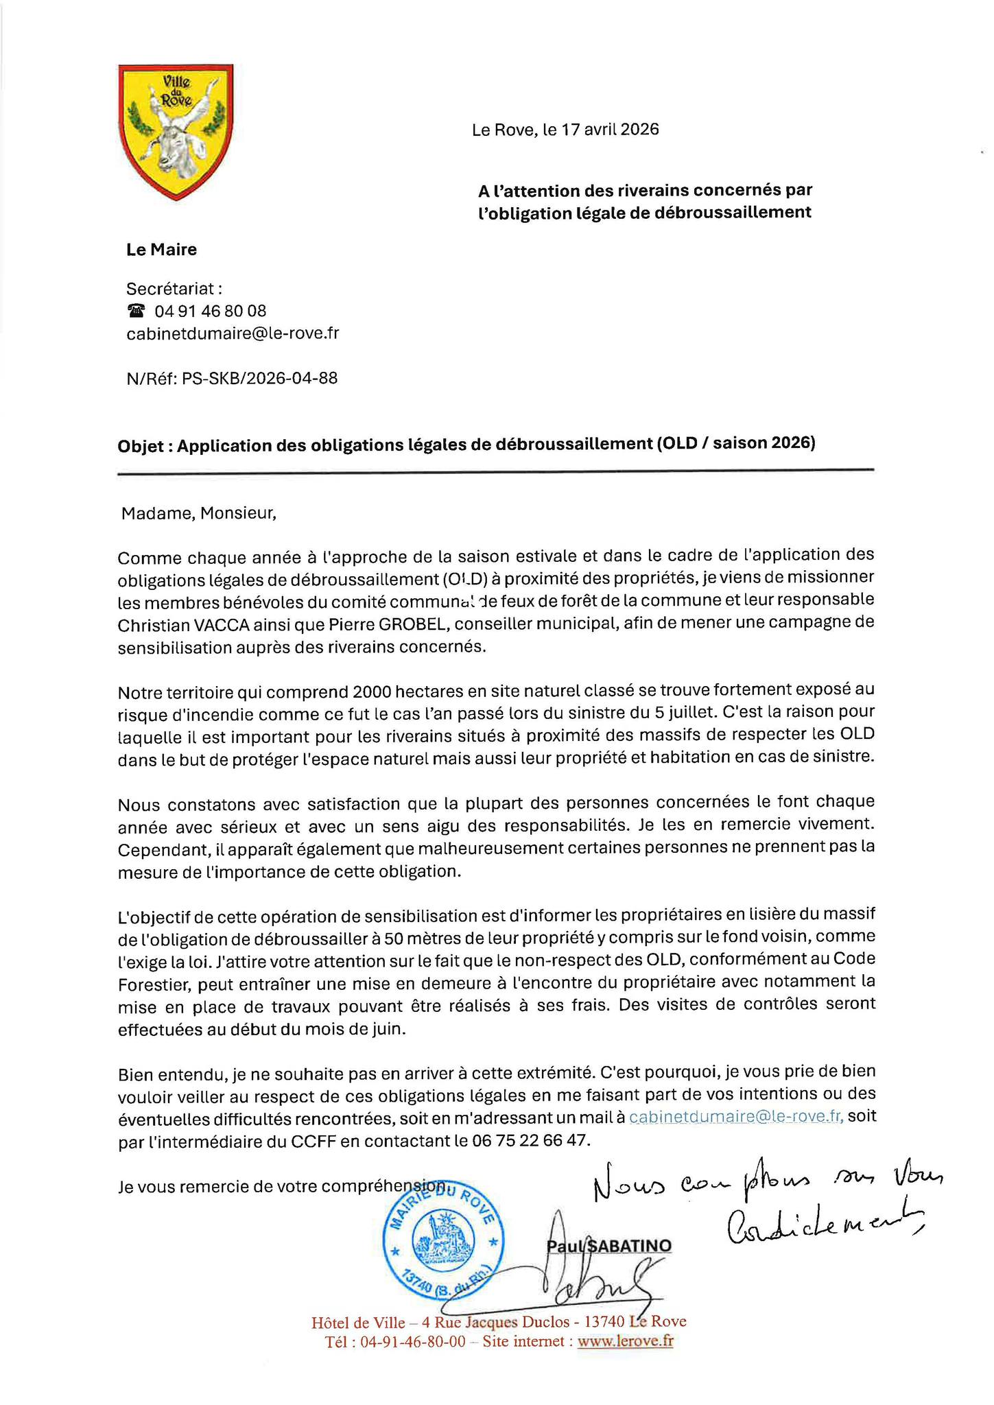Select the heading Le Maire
[x=161, y=250]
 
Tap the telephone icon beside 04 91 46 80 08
[x=137, y=311]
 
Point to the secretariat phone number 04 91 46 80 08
[x=211, y=311]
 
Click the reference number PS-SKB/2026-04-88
[x=260, y=378]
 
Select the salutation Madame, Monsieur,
[x=198, y=513]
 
